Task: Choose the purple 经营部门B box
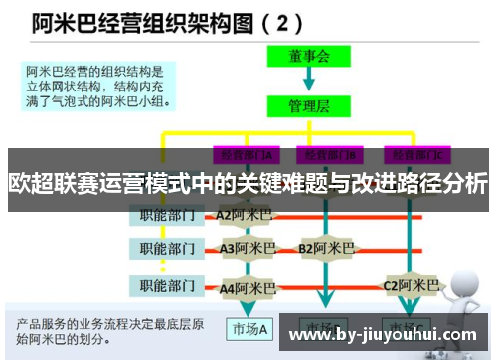pyautogui.click(x=331, y=154)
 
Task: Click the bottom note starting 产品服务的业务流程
pyautogui.click(x=110, y=332)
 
